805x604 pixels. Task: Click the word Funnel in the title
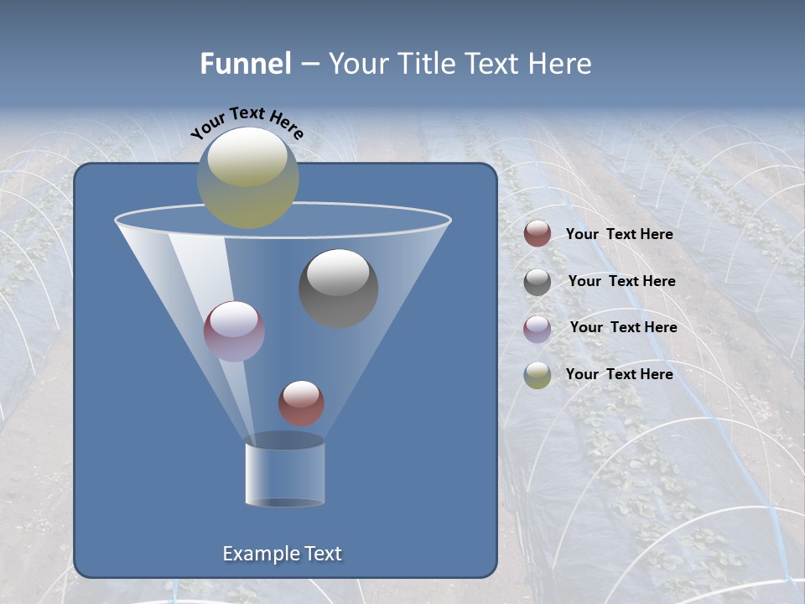pyautogui.click(x=245, y=63)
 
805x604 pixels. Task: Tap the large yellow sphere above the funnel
pyautogui.click(x=247, y=177)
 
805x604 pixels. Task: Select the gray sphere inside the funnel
pyautogui.click(x=338, y=288)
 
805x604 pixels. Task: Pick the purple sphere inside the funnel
pyautogui.click(x=234, y=331)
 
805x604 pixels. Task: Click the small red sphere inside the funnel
pyautogui.click(x=301, y=403)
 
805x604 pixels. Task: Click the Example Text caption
pyautogui.click(x=282, y=554)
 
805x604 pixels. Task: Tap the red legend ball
pyautogui.click(x=538, y=234)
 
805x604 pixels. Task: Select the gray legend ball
pyautogui.click(x=538, y=282)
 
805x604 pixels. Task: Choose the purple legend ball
pyautogui.click(x=538, y=329)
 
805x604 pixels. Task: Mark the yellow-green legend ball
pyautogui.click(x=538, y=375)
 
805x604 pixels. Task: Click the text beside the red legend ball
pyautogui.click(x=619, y=234)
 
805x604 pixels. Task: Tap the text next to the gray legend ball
pyautogui.click(x=621, y=281)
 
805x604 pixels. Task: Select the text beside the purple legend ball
pyautogui.click(x=623, y=327)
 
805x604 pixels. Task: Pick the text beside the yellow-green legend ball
pyautogui.click(x=619, y=374)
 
